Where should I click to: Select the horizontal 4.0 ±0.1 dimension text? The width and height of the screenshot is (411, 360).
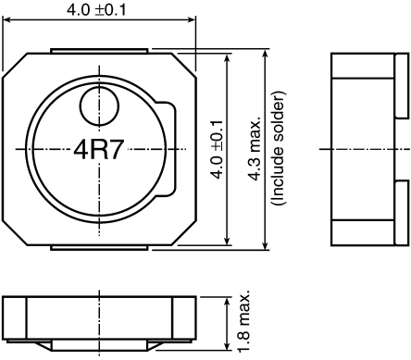click(x=98, y=10)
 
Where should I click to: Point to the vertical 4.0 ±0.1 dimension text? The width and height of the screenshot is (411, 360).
click(x=216, y=148)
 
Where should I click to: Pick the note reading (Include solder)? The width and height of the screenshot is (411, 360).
click(x=275, y=149)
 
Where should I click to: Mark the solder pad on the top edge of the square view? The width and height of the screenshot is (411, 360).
click(x=97, y=50)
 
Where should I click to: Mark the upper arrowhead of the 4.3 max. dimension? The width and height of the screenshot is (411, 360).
click(x=265, y=52)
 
